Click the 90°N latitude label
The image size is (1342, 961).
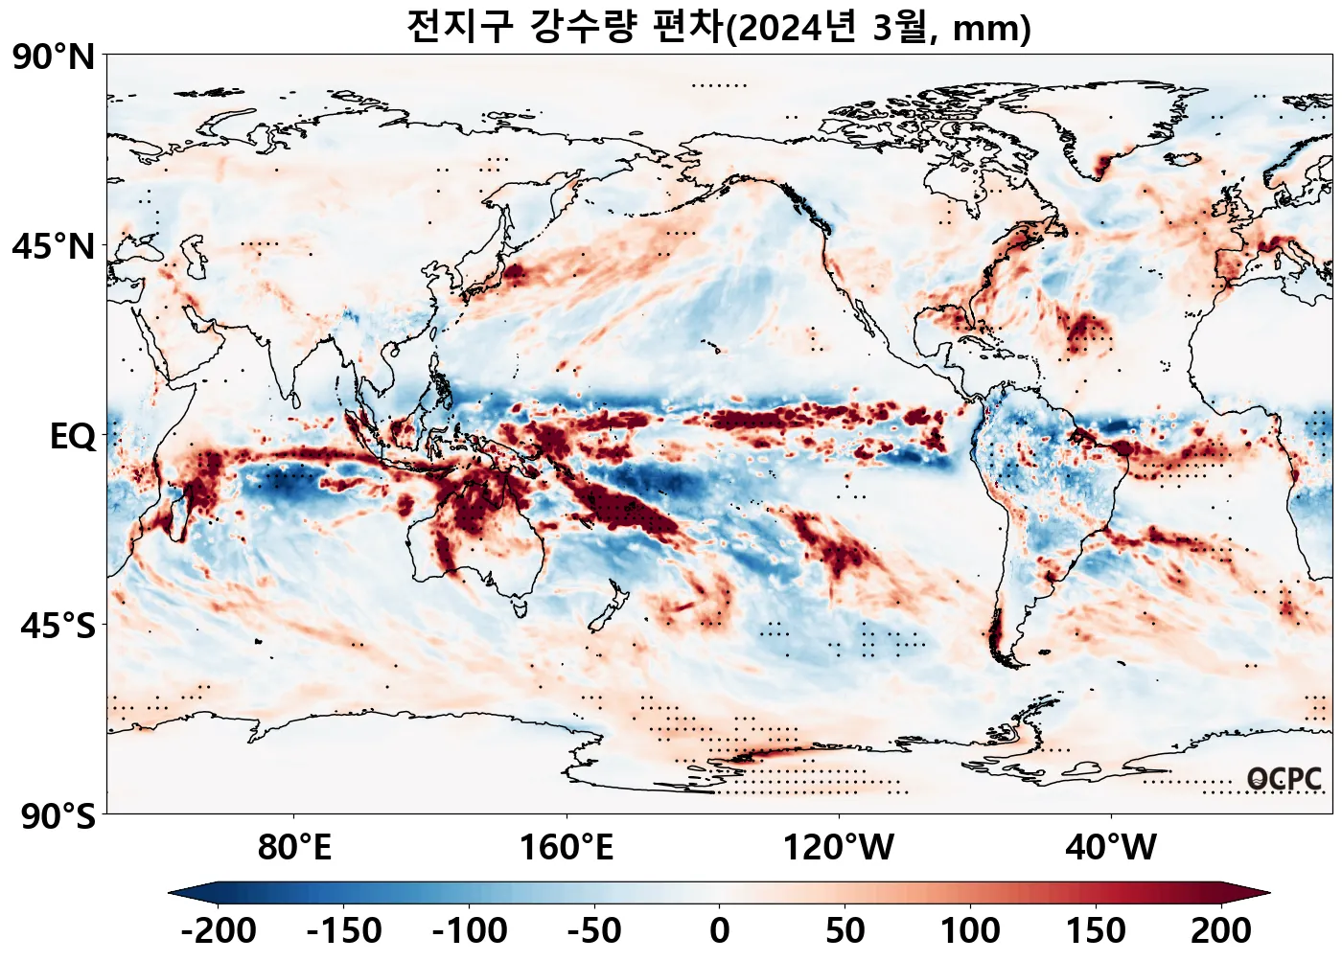[54, 57]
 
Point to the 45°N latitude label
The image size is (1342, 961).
[54, 246]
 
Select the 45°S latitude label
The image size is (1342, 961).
[58, 627]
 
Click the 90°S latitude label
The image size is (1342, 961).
[58, 816]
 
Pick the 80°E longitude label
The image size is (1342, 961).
[294, 848]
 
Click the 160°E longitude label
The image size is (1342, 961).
[566, 848]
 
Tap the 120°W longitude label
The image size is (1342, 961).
[839, 848]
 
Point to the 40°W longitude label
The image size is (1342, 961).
[1111, 848]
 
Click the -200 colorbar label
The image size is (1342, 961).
[218, 930]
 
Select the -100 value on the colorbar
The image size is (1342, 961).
[470, 930]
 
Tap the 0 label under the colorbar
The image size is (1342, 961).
[720, 930]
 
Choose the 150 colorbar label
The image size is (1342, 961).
[1096, 930]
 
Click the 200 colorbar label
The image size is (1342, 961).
[1221, 930]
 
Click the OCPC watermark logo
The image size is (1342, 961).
[1284, 779]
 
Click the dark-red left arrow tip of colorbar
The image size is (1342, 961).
[1261, 893]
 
